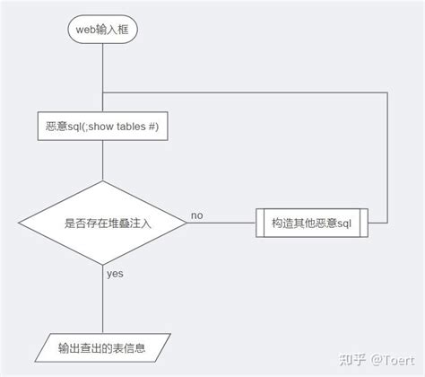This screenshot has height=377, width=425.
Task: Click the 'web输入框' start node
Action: [x=102, y=31]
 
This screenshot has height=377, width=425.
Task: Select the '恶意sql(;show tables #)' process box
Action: [x=102, y=127]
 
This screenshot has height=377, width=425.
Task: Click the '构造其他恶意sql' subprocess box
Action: [x=311, y=222]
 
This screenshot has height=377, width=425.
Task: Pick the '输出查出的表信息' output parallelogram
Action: [x=102, y=346]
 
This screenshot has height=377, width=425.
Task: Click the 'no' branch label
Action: [x=197, y=215]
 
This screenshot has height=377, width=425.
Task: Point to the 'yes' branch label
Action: [x=115, y=272]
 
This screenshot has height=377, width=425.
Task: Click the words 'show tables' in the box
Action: [x=124, y=127]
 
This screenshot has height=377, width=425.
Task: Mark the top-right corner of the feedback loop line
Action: [x=388, y=92]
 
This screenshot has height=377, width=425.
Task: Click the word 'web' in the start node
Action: [x=84, y=31]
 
